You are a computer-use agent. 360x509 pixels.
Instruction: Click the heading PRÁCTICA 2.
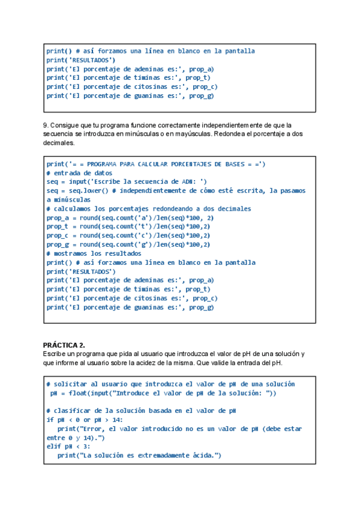pos(64,345)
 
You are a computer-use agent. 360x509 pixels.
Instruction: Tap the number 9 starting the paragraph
pos(45,125)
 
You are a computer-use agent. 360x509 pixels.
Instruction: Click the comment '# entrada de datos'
pos(79,173)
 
